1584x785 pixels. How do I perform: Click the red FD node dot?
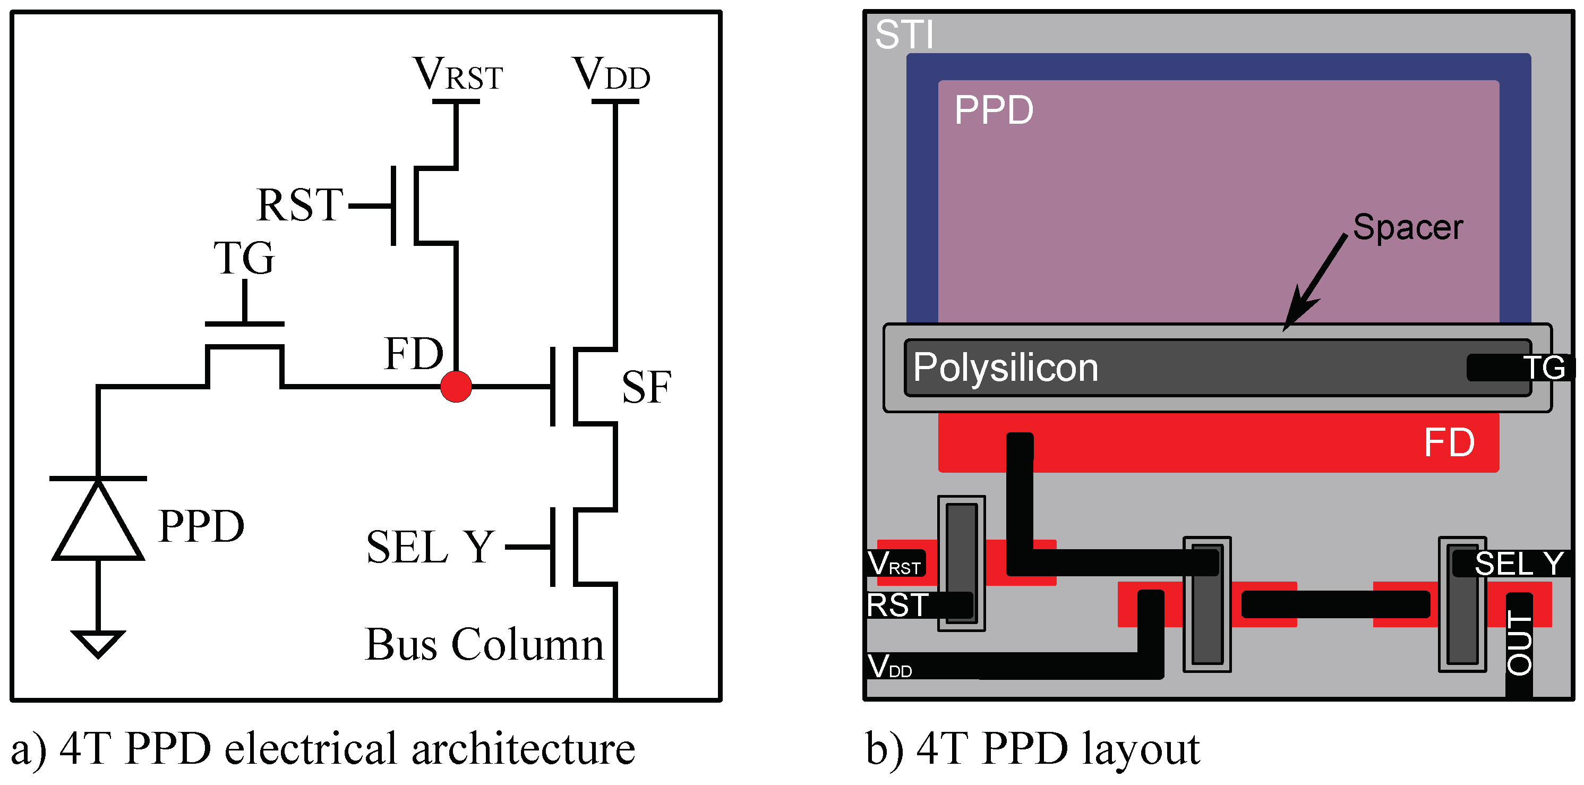[x=456, y=386]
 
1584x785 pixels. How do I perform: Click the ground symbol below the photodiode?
[x=98, y=643]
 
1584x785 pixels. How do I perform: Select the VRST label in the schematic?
[x=458, y=74]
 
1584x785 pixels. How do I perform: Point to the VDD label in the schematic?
[x=611, y=74]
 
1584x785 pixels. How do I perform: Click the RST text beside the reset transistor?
[x=299, y=206]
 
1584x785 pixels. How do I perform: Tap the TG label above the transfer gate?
[x=244, y=258]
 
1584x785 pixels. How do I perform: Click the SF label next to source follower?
[x=646, y=388]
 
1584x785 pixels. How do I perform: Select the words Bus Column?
[x=485, y=645]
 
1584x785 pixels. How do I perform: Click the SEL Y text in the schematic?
[x=431, y=547]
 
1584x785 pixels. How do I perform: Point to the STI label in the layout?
[x=904, y=35]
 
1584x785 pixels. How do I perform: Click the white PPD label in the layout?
[x=994, y=110]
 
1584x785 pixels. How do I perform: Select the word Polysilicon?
[x=1005, y=368]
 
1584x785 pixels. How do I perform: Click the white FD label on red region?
[x=1449, y=442]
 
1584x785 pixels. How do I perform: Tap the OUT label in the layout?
[x=1519, y=643]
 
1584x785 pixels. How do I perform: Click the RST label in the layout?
[x=898, y=605]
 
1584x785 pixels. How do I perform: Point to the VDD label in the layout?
[x=890, y=666]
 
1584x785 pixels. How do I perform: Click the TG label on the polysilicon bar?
[x=1544, y=368]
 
